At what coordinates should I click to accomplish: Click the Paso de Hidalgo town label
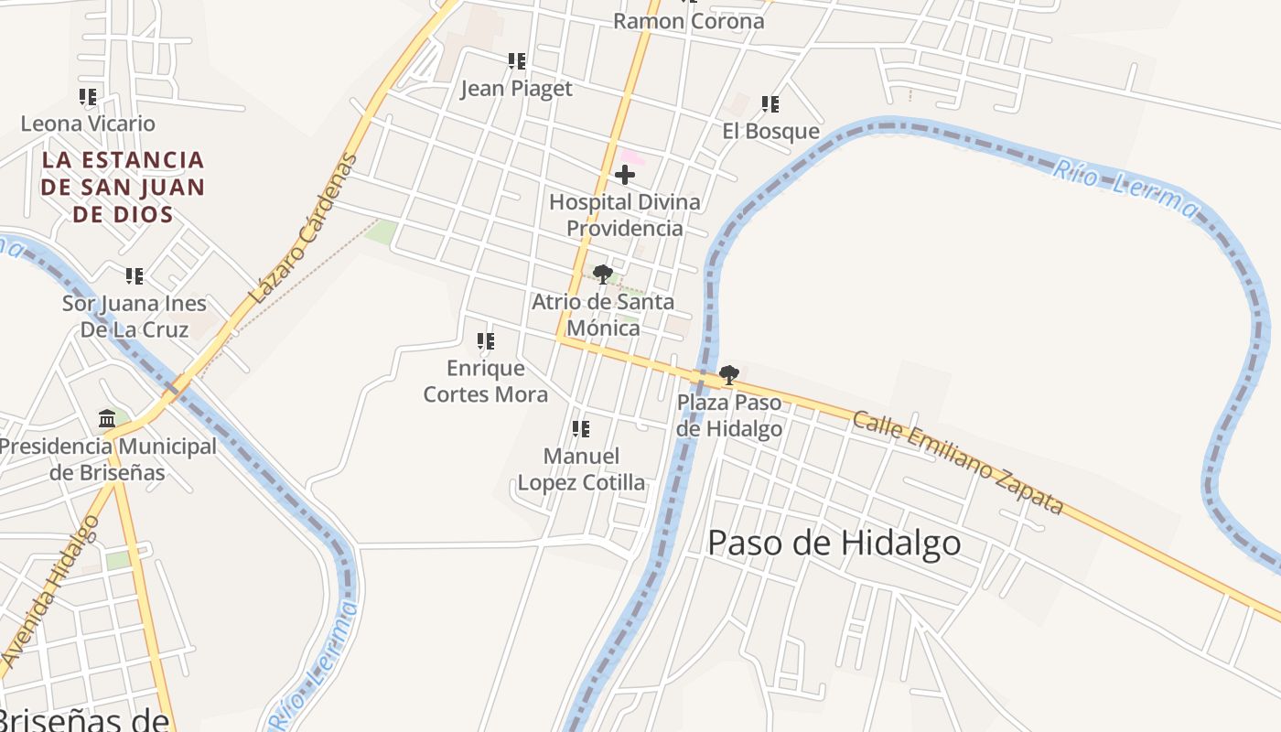(x=834, y=543)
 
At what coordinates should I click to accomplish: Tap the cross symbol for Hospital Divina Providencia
(x=625, y=174)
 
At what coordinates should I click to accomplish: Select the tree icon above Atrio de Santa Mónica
(x=602, y=274)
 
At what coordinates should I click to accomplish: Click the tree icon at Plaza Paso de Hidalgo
(x=729, y=374)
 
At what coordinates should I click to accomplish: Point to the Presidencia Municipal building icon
(x=107, y=419)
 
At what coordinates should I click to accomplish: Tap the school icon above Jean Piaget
(x=517, y=61)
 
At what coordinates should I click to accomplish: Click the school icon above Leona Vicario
(x=88, y=96)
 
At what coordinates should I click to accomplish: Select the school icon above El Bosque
(x=770, y=104)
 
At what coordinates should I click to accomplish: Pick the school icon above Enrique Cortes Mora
(x=486, y=341)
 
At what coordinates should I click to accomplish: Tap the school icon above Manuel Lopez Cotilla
(x=581, y=428)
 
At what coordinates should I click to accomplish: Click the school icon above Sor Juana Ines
(x=135, y=275)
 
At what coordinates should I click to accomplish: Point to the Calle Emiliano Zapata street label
(x=958, y=463)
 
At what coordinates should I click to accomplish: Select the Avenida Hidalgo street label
(x=51, y=591)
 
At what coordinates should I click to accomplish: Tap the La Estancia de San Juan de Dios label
(x=124, y=187)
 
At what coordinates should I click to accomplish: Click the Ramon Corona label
(x=688, y=20)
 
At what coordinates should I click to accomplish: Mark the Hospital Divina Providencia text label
(x=625, y=214)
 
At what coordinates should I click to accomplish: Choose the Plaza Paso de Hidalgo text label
(x=729, y=415)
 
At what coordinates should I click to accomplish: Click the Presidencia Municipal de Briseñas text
(x=108, y=459)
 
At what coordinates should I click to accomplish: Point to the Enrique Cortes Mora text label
(x=486, y=381)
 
